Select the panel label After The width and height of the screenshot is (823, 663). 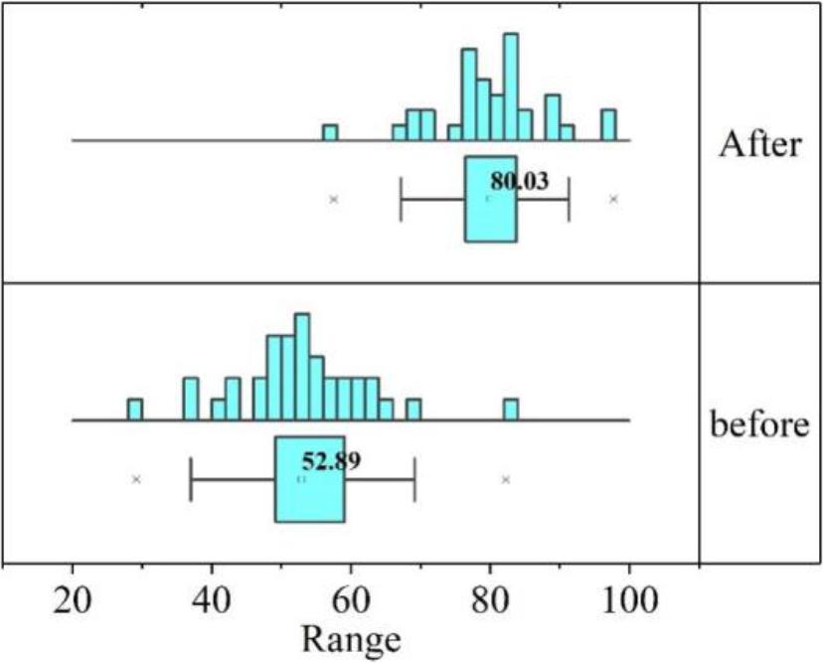[x=759, y=144]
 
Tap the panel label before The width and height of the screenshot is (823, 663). [x=759, y=425]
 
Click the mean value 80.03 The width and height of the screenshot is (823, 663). [x=519, y=182]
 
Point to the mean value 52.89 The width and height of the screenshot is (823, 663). [x=332, y=461]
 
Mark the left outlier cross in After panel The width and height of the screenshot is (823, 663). [x=334, y=199]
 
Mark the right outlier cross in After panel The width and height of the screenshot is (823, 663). [x=613, y=199]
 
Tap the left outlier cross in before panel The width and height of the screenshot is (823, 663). [x=137, y=479]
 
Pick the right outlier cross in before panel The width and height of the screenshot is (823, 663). [x=506, y=479]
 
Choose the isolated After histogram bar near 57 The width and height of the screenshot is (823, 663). [x=330, y=132]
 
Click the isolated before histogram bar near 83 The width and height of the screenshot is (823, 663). [x=510, y=410]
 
